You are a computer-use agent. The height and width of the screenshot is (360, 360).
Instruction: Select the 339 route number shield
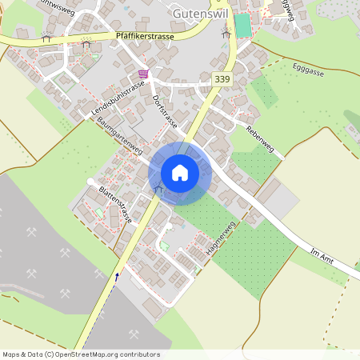223,80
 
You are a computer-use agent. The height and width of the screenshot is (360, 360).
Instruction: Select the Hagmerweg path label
219,238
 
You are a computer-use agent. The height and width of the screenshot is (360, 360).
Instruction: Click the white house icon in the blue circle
180,173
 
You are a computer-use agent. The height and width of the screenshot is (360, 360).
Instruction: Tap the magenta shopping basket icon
143,74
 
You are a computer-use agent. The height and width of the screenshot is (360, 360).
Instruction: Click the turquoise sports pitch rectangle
242,25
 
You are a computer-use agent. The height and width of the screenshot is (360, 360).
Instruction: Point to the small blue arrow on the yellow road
118,277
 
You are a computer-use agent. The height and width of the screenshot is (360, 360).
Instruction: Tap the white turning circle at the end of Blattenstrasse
88,182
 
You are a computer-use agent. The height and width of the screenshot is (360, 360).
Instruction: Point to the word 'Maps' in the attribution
12,354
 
